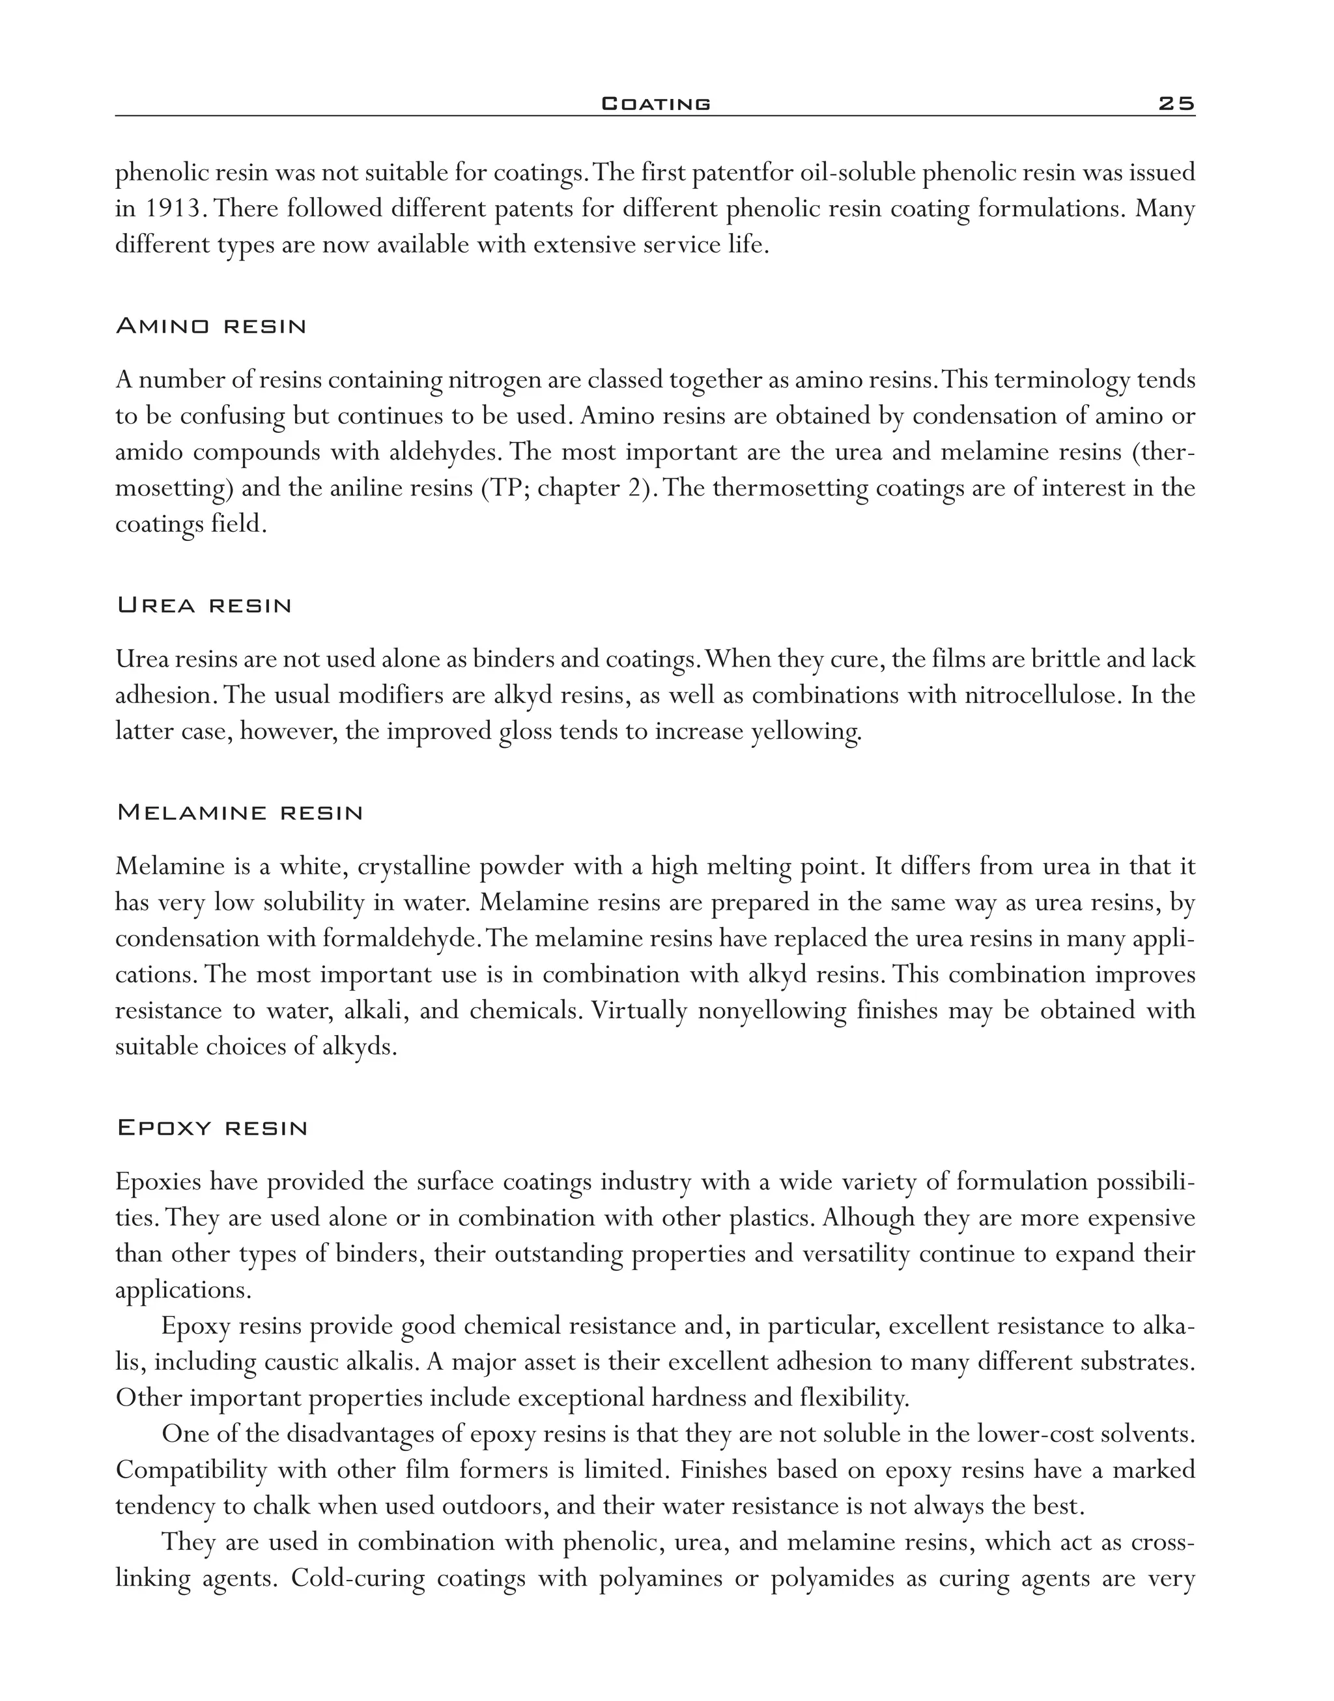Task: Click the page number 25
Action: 1176,103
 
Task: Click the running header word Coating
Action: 656,103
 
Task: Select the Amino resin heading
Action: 211,326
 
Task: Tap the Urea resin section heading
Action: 204,606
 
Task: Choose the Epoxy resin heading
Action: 212,1128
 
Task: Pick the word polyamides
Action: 832,1579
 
